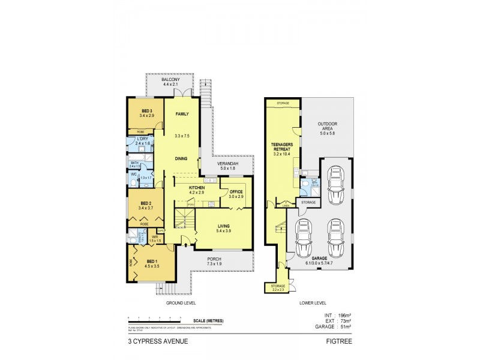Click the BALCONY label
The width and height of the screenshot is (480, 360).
tap(170, 79)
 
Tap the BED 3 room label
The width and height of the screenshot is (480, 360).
tap(147, 111)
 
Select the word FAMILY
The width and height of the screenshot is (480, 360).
tap(182, 113)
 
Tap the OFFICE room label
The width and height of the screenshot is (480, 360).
tap(236, 191)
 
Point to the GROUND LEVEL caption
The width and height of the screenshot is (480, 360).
tap(180, 304)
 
